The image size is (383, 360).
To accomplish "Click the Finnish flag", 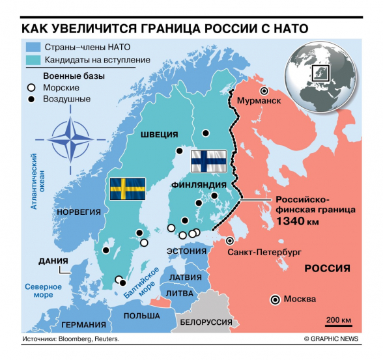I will click(x=203, y=161).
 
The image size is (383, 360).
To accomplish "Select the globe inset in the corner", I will click(x=318, y=72).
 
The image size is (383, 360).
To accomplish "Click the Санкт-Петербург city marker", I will click(x=229, y=240).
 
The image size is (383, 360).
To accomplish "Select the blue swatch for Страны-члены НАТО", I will click(x=33, y=47).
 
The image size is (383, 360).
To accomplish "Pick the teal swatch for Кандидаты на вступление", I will click(x=33, y=61).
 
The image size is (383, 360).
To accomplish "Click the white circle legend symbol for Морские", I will click(x=30, y=87).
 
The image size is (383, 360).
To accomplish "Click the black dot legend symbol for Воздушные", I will click(x=30, y=99).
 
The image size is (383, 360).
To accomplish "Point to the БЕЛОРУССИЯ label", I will click(x=206, y=322).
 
